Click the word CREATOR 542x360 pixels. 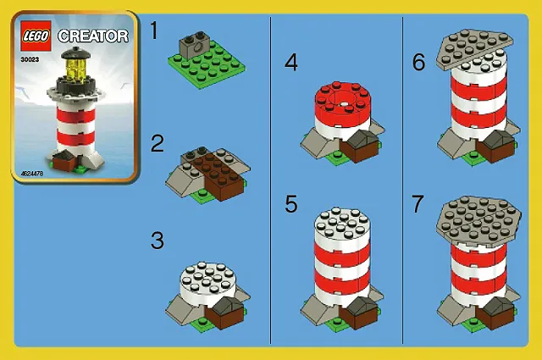tap(95, 36)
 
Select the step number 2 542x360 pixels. tap(157, 143)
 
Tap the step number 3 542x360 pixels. tap(157, 240)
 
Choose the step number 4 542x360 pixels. tap(291, 62)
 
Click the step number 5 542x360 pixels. tap(291, 204)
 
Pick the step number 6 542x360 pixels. tap(417, 62)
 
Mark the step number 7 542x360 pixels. tap(417, 204)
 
